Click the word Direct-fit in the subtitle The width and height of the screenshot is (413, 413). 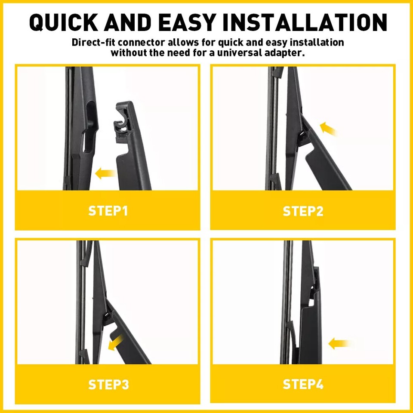click(92, 43)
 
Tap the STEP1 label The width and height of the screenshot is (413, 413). click(108, 211)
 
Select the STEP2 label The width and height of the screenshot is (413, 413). click(303, 211)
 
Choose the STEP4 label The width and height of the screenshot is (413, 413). click(303, 384)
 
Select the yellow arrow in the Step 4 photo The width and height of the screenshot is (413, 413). click(339, 343)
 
